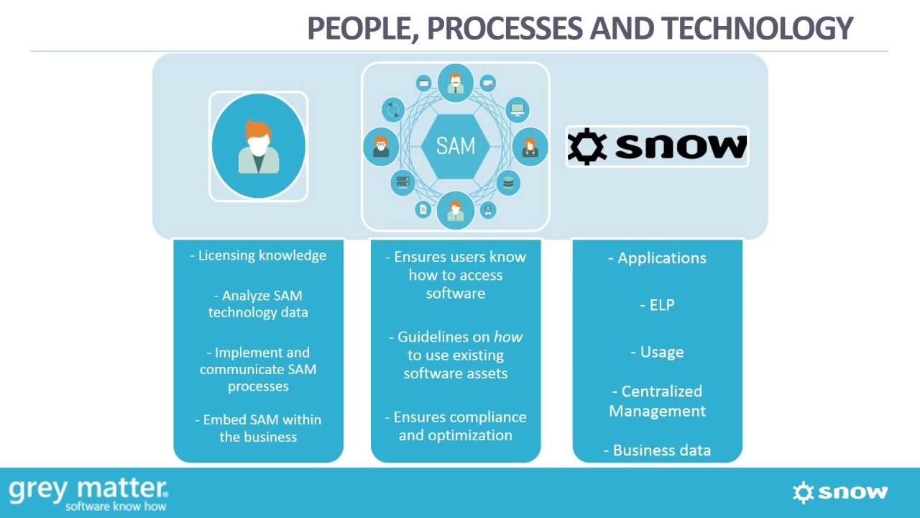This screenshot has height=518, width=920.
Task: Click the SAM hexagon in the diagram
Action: click(x=455, y=146)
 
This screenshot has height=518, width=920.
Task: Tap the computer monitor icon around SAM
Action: click(x=517, y=110)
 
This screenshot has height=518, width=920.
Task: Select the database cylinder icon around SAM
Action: click(x=508, y=182)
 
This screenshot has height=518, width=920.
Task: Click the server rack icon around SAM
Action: click(x=402, y=182)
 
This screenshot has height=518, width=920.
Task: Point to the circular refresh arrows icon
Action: click(x=393, y=110)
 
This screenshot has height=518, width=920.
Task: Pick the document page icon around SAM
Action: click(x=423, y=209)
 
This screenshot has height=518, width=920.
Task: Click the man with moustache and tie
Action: click(x=455, y=83)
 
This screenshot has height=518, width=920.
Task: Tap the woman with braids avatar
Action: click(x=530, y=146)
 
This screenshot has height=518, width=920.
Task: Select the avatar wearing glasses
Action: click(x=381, y=146)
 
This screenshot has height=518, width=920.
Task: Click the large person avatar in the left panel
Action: click(x=258, y=146)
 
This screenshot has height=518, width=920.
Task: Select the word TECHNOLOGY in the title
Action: click(x=757, y=29)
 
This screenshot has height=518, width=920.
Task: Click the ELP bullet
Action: click(x=657, y=305)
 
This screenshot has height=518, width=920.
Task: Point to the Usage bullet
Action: click(x=657, y=352)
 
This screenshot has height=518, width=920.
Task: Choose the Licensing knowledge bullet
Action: click(x=258, y=255)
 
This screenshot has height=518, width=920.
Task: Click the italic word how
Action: click(x=508, y=337)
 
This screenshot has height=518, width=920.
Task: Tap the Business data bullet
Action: click(x=658, y=450)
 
